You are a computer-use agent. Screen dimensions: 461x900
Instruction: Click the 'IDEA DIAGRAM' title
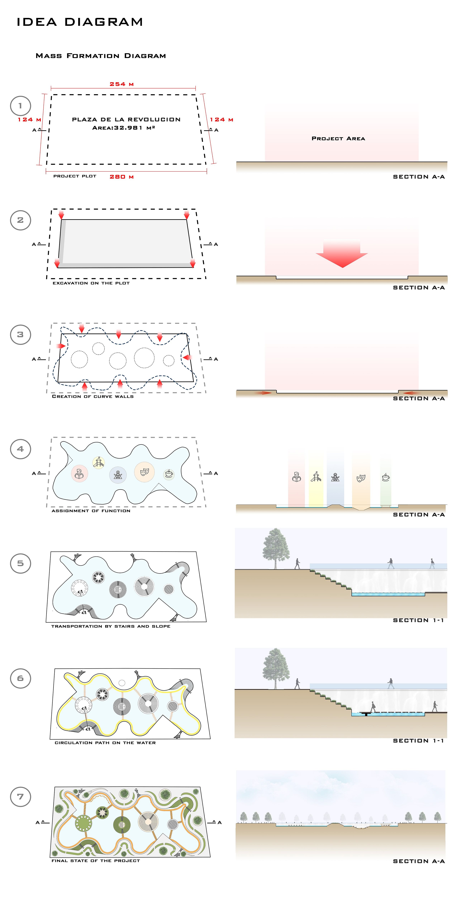(80, 22)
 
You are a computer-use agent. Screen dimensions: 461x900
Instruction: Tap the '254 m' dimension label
(122, 84)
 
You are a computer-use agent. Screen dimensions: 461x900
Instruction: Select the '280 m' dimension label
(122, 177)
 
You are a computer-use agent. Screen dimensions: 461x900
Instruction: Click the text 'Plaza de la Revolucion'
(126, 119)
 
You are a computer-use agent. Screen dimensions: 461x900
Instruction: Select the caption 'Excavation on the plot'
(91, 283)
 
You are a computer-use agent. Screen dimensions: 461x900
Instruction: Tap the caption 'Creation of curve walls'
(93, 396)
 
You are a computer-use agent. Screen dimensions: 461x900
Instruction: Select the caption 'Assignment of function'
(91, 511)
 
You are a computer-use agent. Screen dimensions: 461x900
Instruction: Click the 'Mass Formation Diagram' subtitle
(101, 56)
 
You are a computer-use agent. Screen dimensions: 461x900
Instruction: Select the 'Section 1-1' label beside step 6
(418, 741)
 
